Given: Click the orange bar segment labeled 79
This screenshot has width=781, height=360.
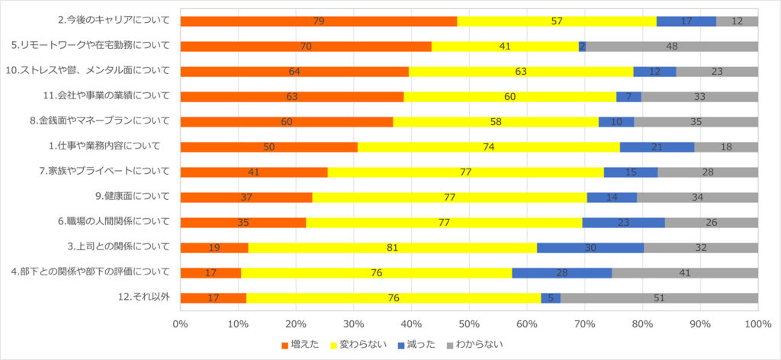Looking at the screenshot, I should (x=318, y=21).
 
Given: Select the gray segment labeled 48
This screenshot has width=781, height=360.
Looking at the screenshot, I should (x=672, y=47).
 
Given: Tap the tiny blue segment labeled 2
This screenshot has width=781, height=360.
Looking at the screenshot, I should (x=582, y=47).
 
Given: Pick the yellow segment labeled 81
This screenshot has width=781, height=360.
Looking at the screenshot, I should (x=393, y=247).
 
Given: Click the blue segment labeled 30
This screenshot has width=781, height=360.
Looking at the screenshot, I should (x=590, y=247).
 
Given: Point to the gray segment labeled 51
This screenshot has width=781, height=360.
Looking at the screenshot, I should (x=659, y=297).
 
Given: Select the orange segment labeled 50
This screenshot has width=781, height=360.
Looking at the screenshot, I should (x=268, y=146).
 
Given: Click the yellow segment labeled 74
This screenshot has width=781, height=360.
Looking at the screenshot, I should (x=488, y=146).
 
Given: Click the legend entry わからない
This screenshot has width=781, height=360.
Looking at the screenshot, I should (x=474, y=344).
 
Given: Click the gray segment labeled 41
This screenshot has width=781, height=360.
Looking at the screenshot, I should (x=684, y=272).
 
